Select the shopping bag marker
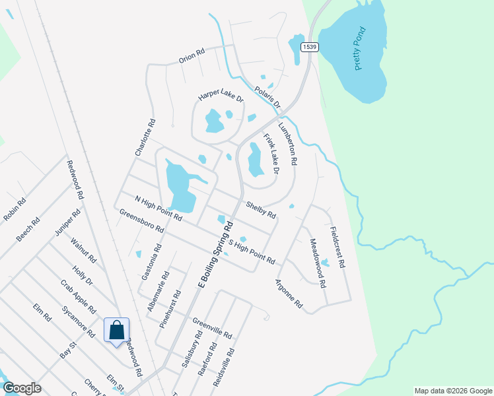(116, 329)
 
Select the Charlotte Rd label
(145, 137)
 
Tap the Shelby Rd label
(260, 209)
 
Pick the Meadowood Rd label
(318, 263)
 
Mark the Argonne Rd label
(289, 294)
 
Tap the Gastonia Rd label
(152, 263)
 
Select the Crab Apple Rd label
(79, 297)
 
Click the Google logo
(22, 388)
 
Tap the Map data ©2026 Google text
(453, 391)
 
